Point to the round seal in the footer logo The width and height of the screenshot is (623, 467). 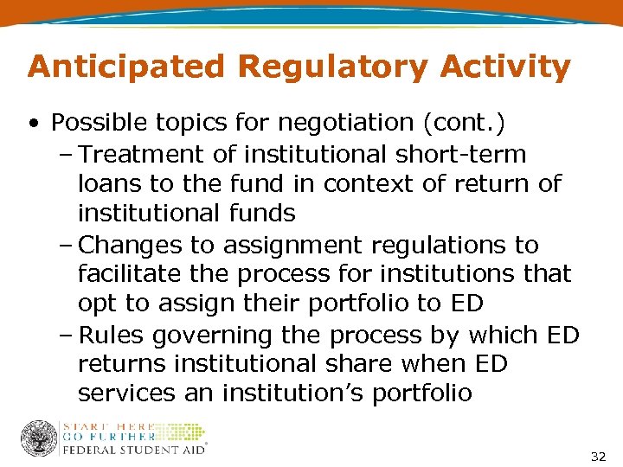pyautogui.click(x=39, y=438)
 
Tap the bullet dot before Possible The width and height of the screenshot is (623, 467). pyautogui.click(x=32, y=125)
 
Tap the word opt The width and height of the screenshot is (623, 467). pyautogui.click(x=95, y=304)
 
